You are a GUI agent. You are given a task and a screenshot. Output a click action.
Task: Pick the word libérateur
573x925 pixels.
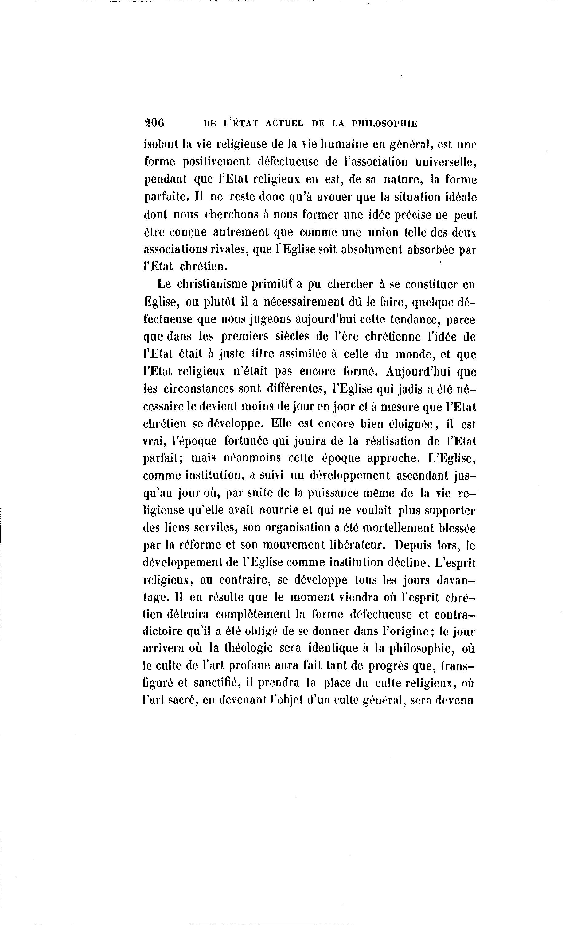[363, 545]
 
